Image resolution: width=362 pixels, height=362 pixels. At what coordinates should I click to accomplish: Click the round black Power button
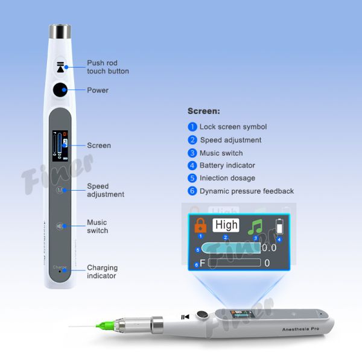[60, 91]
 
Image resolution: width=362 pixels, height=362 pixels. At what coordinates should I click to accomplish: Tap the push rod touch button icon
[60, 66]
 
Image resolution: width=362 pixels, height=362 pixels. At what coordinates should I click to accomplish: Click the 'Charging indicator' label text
[103, 271]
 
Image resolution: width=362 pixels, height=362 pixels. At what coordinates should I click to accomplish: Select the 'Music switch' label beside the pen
[97, 226]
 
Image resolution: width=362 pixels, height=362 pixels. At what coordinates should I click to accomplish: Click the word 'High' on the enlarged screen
[226, 226]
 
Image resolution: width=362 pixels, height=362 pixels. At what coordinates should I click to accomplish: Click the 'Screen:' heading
[204, 111]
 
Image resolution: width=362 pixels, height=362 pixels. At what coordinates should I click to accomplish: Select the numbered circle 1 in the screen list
[192, 127]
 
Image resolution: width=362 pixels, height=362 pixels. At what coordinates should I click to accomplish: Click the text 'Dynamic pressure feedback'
[247, 191]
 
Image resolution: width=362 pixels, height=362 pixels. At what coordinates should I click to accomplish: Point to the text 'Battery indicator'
[227, 165]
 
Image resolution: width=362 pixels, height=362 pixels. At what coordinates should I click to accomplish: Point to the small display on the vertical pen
[60, 146]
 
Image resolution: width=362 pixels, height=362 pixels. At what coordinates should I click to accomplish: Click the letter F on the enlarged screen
[203, 263]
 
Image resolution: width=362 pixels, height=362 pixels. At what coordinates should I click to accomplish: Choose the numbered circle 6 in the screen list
[192, 191]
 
